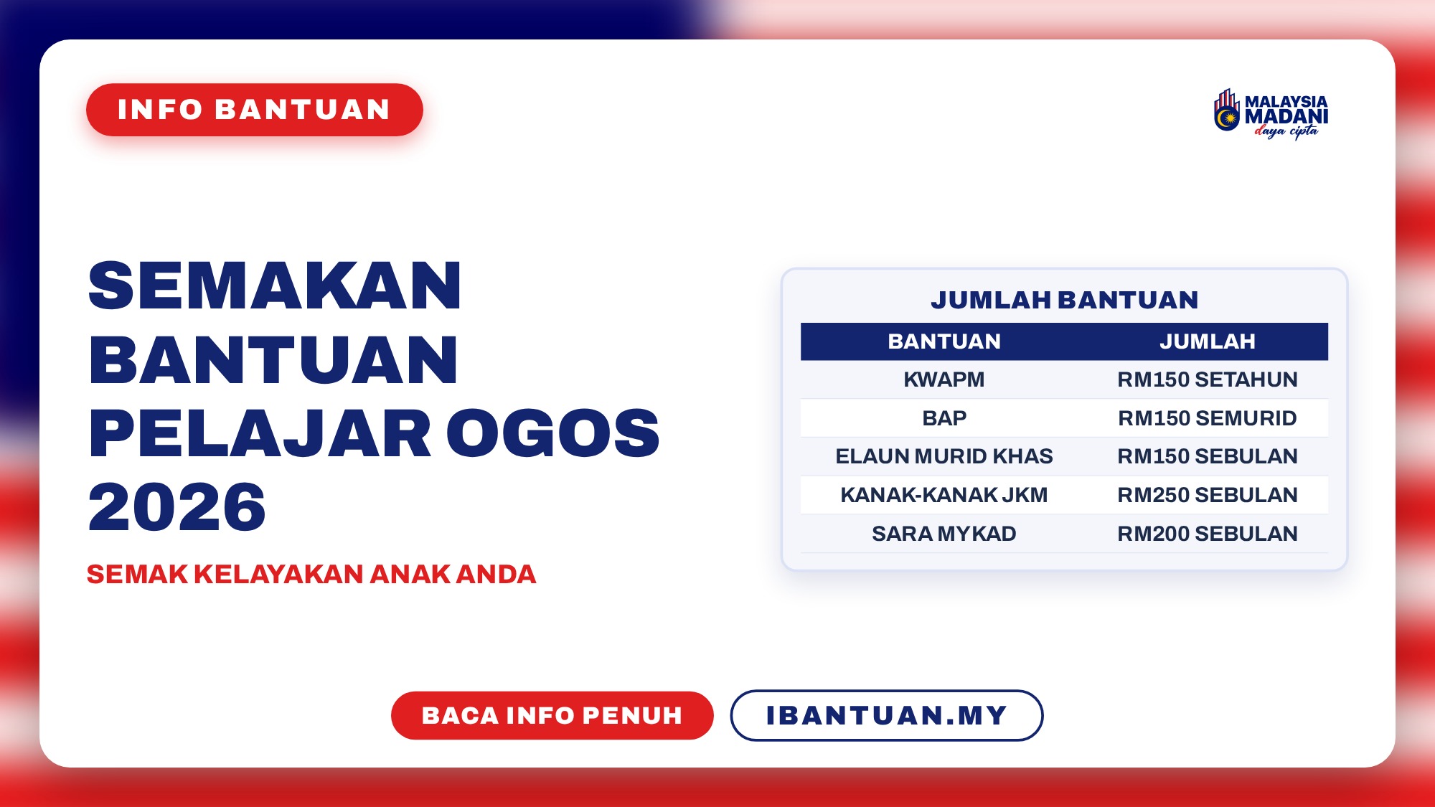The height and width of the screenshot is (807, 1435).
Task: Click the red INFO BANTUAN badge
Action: [x=255, y=110]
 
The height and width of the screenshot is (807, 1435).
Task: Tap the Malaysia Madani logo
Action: [x=1271, y=113]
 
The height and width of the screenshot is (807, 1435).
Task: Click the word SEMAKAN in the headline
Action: [x=275, y=285]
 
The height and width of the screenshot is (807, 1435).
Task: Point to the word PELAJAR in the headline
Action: [x=260, y=433]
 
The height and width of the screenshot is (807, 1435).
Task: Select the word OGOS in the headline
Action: [x=553, y=433]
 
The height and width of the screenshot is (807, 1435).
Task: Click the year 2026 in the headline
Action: [x=177, y=507]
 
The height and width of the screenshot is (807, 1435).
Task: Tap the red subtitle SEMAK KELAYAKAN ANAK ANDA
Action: [x=311, y=575]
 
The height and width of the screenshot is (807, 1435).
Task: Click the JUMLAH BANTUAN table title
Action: [x=1065, y=300]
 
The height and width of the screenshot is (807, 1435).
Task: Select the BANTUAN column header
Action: [x=944, y=341]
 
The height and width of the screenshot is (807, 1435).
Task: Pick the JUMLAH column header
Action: [x=1208, y=341]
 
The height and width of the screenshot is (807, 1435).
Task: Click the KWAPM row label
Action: [x=944, y=379]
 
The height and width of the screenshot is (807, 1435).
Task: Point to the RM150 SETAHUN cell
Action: [x=1208, y=379]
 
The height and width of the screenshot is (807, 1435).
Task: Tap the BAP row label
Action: [x=944, y=418]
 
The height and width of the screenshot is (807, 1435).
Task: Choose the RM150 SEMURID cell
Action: [x=1208, y=418]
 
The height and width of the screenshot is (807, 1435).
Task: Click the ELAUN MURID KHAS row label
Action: [x=944, y=456]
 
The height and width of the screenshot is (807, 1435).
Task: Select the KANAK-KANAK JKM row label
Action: [x=944, y=495]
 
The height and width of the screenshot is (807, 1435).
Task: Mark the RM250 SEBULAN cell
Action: [x=1208, y=495]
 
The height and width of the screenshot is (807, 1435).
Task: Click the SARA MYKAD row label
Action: [x=944, y=534]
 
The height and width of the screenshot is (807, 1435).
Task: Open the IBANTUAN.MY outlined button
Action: [x=887, y=715]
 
